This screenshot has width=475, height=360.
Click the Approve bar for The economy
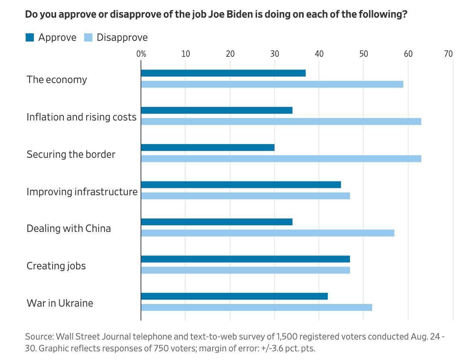(x=223, y=73)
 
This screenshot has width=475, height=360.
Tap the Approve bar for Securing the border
(x=208, y=148)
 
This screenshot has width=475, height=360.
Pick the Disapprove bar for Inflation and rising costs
(x=281, y=121)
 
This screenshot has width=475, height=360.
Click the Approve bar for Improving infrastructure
(x=241, y=185)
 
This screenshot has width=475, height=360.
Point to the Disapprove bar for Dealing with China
(x=268, y=233)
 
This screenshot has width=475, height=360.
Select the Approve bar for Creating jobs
(x=245, y=259)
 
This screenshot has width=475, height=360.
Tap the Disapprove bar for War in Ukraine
(x=256, y=307)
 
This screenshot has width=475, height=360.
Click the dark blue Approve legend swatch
(x=30, y=37)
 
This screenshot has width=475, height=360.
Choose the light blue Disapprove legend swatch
(x=88, y=37)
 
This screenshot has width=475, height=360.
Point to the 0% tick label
(x=141, y=54)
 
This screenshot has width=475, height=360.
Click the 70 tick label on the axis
(x=448, y=54)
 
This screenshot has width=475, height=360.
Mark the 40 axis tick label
(x=319, y=54)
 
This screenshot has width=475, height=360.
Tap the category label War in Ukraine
(x=60, y=303)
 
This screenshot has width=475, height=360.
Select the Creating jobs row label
(x=56, y=266)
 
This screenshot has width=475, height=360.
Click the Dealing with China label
(x=69, y=228)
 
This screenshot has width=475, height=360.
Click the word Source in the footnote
(x=39, y=337)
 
